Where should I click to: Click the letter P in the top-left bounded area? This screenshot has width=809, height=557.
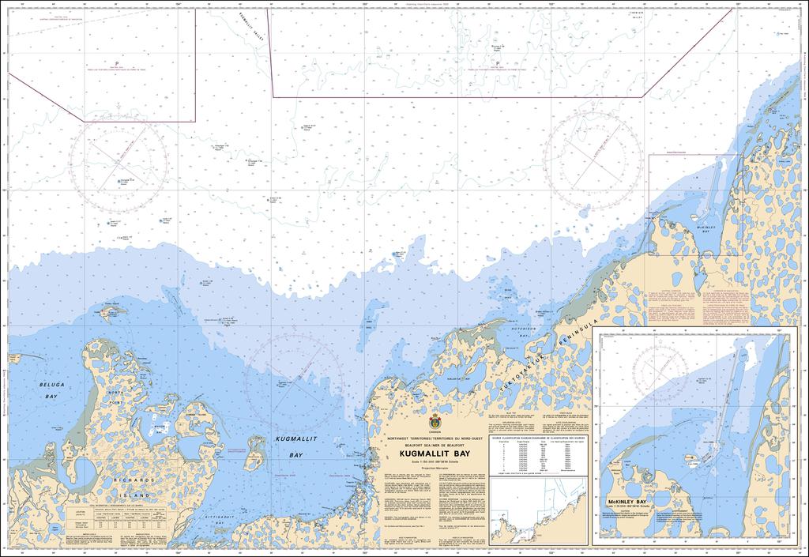[116, 63]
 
